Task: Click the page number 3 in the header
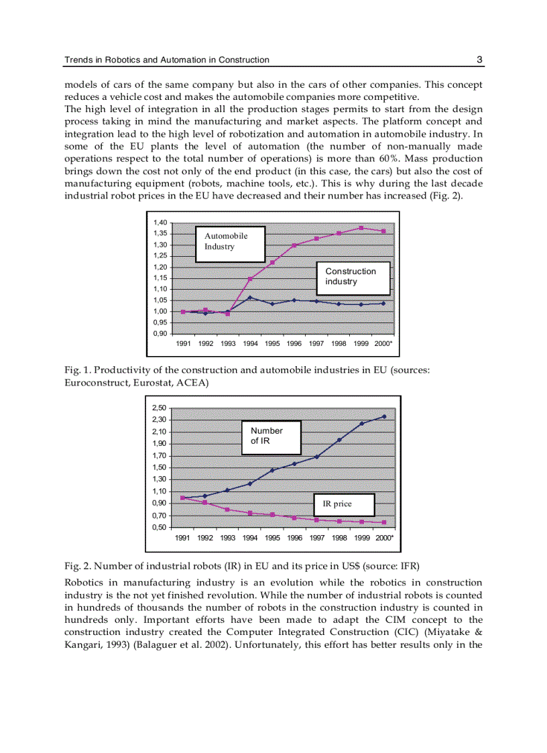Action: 479,60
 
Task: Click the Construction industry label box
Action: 354,277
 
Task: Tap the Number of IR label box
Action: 271,437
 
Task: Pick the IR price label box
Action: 343,504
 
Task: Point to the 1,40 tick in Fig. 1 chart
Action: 159,223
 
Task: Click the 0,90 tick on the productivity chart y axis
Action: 159,333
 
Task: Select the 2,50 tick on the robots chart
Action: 159,408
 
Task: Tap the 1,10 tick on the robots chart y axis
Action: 159,491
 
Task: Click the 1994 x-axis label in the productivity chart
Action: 250,343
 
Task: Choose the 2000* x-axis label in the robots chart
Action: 384,538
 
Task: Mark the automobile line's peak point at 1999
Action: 361,228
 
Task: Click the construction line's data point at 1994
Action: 250,298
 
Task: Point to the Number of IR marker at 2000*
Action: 384,416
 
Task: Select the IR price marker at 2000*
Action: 384,522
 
